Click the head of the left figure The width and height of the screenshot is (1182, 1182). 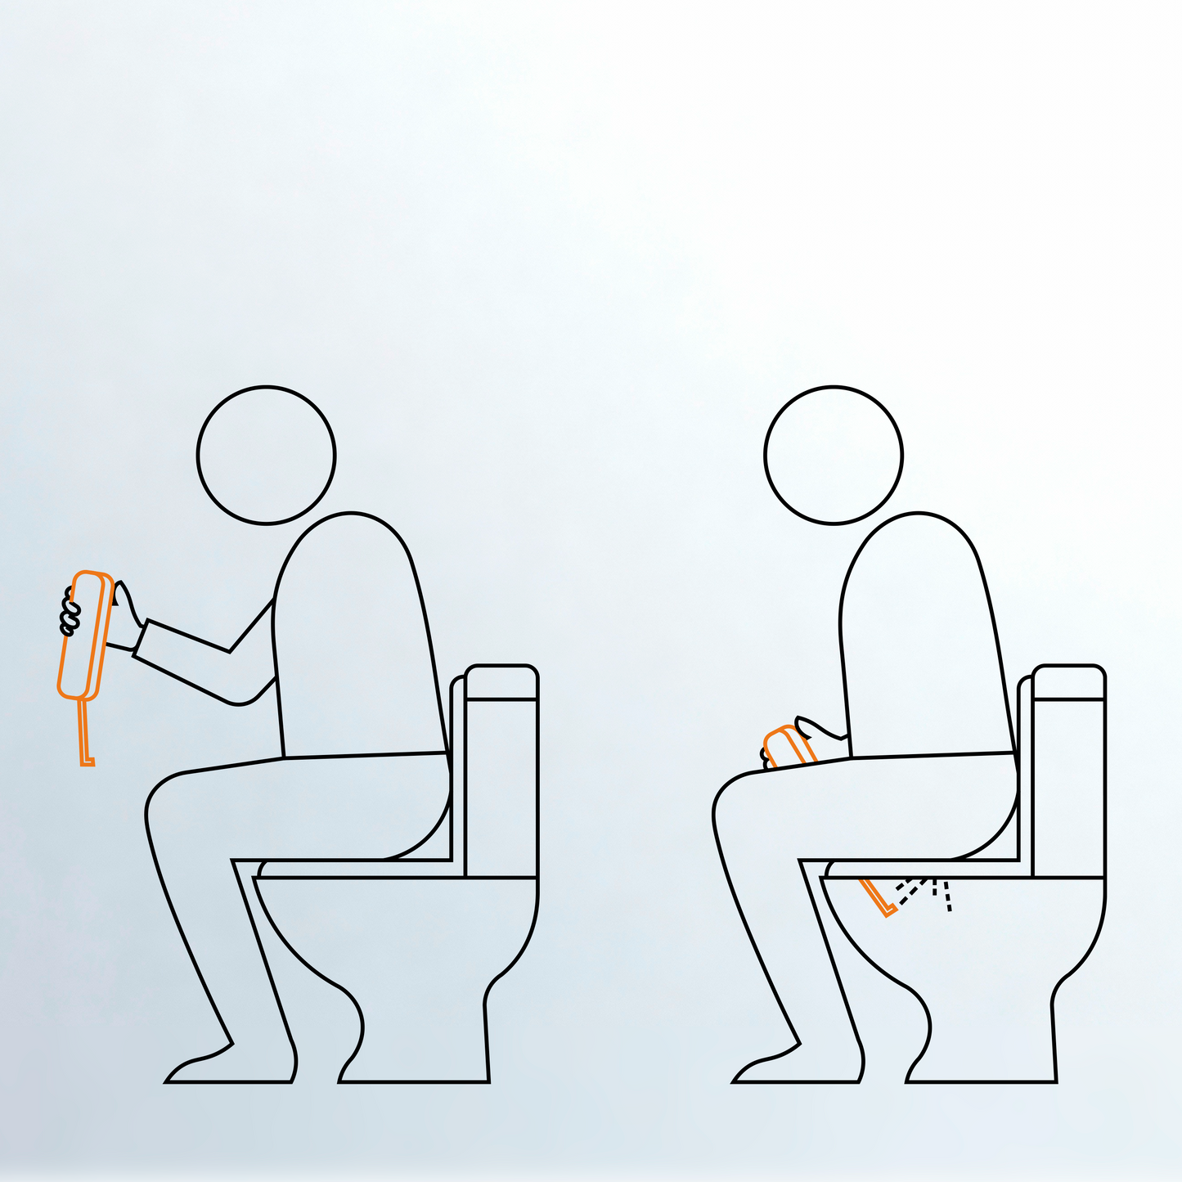click(x=266, y=455)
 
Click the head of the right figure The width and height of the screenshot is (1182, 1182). click(x=834, y=455)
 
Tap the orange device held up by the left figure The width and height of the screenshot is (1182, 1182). click(x=85, y=635)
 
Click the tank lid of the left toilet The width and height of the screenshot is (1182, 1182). click(x=501, y=684)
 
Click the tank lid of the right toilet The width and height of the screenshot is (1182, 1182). click(x=1069, y=684)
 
